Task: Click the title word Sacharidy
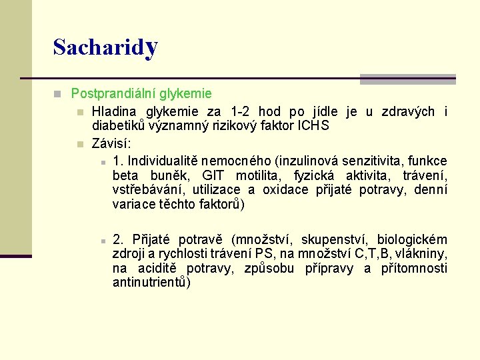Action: coord(105,47)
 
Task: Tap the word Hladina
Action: coord(114,111)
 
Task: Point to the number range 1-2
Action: coord(241,111)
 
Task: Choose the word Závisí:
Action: coord(111,143)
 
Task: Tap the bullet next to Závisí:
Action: coord(79,144)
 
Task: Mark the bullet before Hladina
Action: coord(79,112)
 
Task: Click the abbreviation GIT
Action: coord(213,175)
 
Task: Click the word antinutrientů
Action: coord(152,283)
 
